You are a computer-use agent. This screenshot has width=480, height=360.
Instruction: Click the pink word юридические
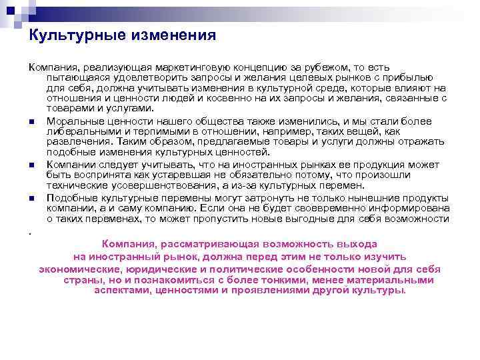point(168,269)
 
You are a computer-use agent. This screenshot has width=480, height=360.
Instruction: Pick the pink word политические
point(257,269)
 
